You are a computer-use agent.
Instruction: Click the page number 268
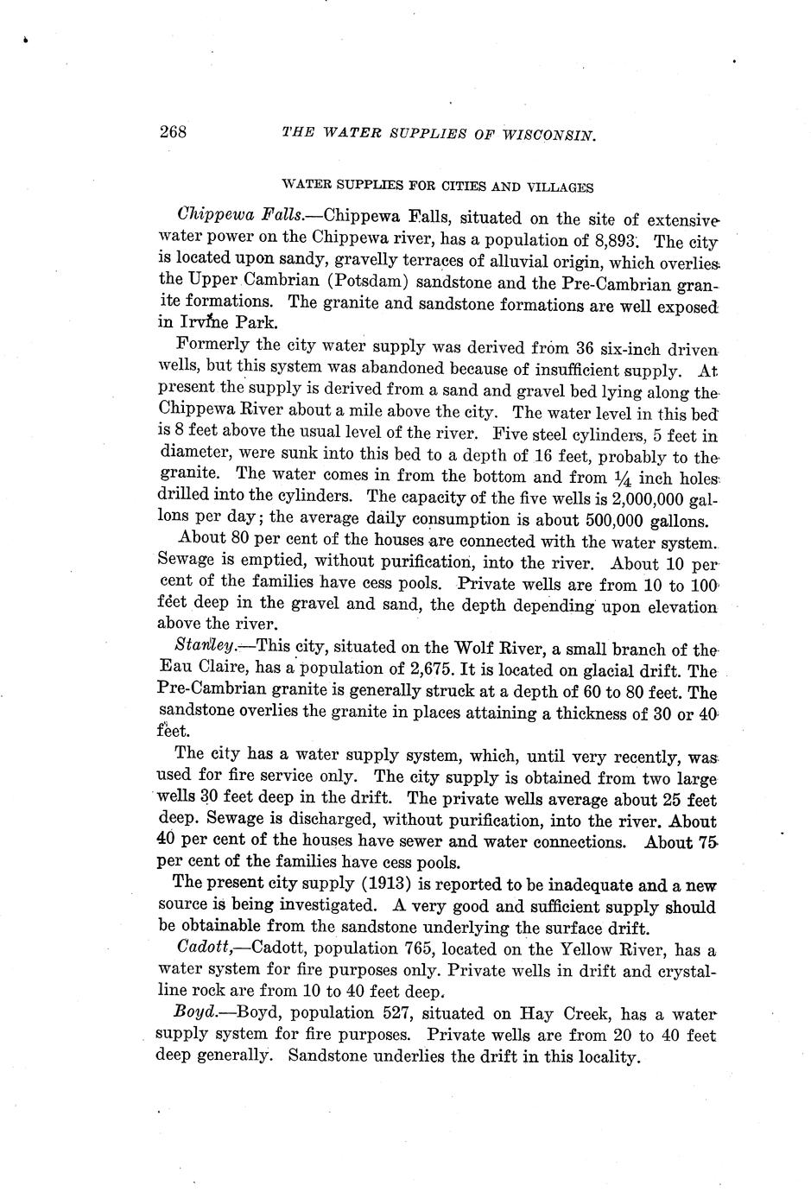tap(174, 132)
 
